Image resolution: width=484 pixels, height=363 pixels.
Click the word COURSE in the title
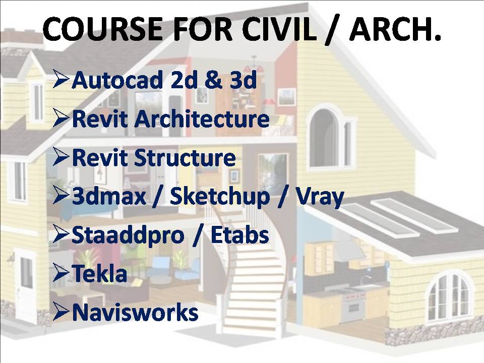[x=102, y=29]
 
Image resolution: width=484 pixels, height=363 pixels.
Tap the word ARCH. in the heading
[x=395, y=29]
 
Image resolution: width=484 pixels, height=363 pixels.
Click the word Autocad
[x=117, y=80]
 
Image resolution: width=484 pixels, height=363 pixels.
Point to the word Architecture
[x=202, y=118]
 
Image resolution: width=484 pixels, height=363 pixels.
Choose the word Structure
[x=185, y=157]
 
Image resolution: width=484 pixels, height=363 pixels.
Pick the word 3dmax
[x=109, y=196]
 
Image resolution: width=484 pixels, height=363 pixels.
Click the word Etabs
[x=240, y=235]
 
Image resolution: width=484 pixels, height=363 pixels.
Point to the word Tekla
[x=99, y=273]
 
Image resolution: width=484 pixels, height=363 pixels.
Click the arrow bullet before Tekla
[x=60, y=273]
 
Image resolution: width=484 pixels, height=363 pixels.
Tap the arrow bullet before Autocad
[x=60, y=79]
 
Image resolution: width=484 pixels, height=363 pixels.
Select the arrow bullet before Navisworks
[x=60, y=311]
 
